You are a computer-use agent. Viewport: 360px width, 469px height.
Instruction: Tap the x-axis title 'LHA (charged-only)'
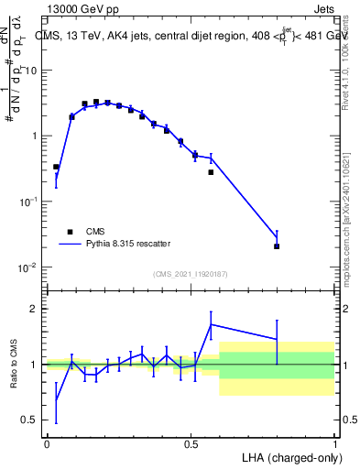[x=285, y=456]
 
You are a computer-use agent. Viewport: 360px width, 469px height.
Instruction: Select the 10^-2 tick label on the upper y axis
[x=28, y=267]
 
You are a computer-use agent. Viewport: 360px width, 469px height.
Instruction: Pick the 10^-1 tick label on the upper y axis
[x=28, y=202]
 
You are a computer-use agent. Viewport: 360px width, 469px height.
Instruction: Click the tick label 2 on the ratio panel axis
[x=34, y=309]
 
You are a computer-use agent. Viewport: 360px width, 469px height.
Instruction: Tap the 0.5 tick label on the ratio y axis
[x=30, y=420]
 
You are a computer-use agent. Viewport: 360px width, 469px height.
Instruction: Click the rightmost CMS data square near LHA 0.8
[x=277, y=246]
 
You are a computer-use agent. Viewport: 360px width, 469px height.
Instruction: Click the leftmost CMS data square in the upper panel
[x=57, y=167]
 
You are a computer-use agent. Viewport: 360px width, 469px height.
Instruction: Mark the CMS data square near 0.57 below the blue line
[x=211, y=172]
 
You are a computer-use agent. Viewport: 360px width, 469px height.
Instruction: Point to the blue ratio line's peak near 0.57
[x=211, y=324]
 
